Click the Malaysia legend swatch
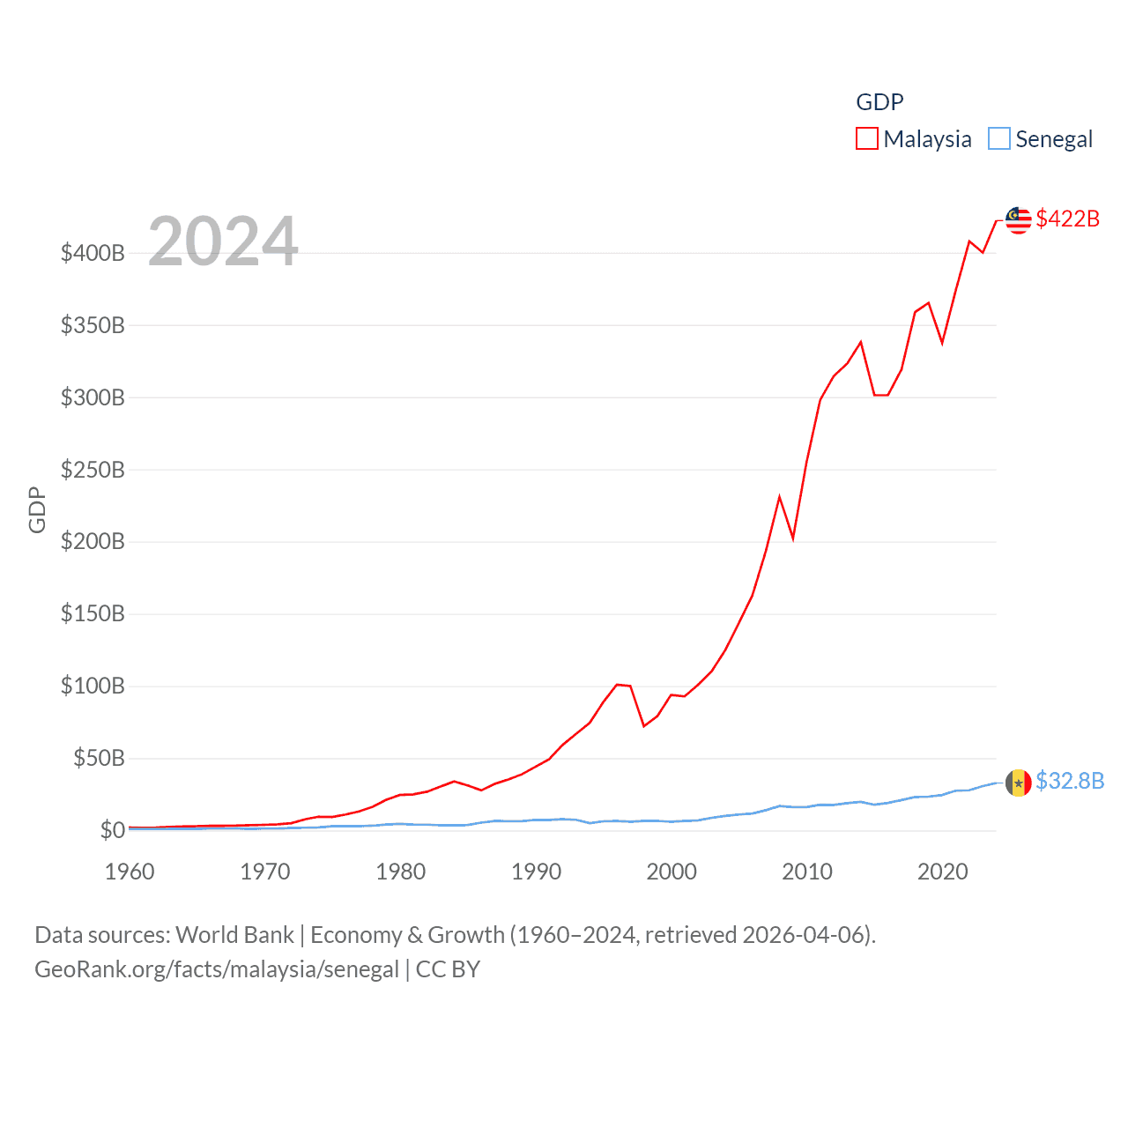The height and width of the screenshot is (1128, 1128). (x=867, y=138)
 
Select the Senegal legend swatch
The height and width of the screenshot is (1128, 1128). (x=998, y=138)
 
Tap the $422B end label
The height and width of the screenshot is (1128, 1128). (x=1067, y=219)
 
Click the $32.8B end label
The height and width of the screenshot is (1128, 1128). (x=1070, y=781)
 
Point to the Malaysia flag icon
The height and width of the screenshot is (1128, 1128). (x=1019, y=220)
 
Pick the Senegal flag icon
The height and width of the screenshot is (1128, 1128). (x=1019, y=783)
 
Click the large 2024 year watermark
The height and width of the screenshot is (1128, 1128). (x=223, y=241)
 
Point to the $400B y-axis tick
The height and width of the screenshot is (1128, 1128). (x=93, y=254)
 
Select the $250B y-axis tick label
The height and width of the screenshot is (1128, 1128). (x=93, y=470)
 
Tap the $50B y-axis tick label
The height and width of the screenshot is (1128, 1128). (x=98, y=758)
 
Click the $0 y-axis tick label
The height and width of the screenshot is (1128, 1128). (x=112, y=830)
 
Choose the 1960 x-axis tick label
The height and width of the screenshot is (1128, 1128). (x=130, y=872)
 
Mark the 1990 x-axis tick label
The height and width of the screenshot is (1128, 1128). (x=536, y=872)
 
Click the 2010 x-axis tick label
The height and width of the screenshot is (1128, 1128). (x=807, y=872)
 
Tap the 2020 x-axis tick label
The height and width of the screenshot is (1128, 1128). (x=943, y=872)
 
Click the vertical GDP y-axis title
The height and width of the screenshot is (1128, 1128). (x=37, y=509)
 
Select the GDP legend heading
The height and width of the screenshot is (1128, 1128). (x=879, y=102)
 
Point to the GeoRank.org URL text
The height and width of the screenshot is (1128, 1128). (x=217, y=969)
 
